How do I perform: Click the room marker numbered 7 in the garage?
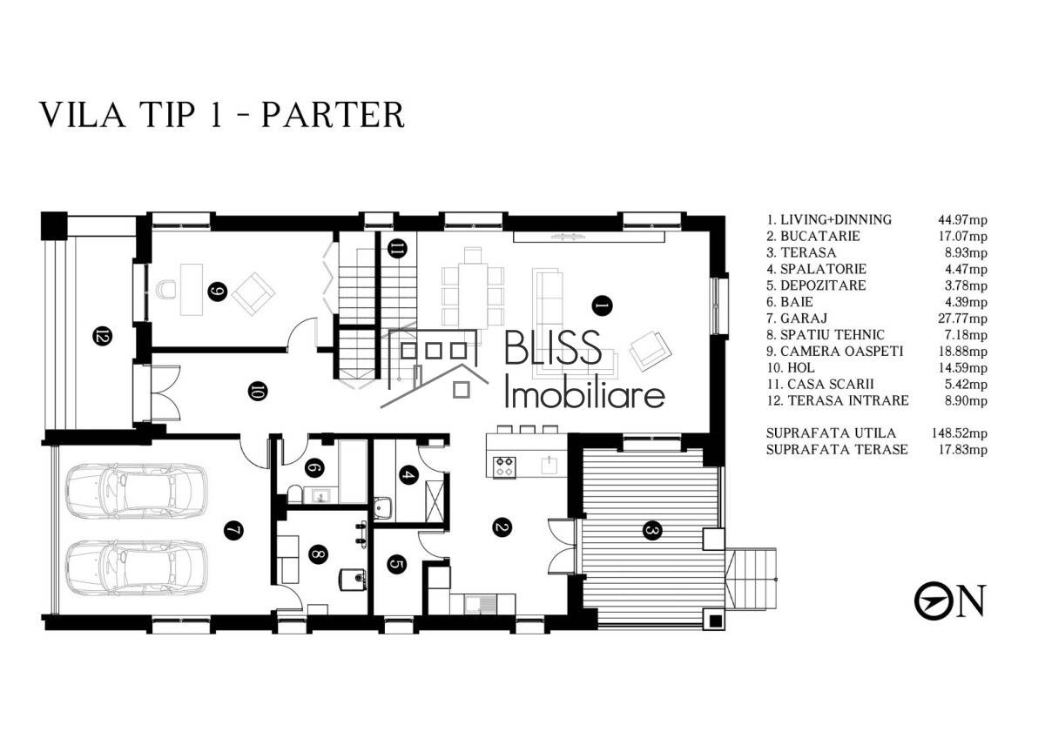coord(233,531)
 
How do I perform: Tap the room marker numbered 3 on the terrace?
coord(652,531)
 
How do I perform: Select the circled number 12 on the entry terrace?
coord(103,336)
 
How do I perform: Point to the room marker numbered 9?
coord(218,292)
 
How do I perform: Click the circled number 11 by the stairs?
coord(397,249)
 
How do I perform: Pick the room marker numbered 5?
coord(397,565)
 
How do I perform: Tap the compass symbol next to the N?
coord(933,601)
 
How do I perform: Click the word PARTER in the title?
coord(333,114)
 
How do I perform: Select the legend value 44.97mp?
coord(962,219)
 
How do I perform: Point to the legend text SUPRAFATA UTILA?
coord(831,433)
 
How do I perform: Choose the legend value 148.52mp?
coord(959,433)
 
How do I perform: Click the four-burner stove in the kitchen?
coord(505,466)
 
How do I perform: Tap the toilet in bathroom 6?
coord(294,494)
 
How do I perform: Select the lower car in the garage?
coord(136,567)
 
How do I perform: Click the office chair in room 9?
coord(165,289)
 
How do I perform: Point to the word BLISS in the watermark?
coord(553,347)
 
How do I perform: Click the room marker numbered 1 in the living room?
coord(602,305)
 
